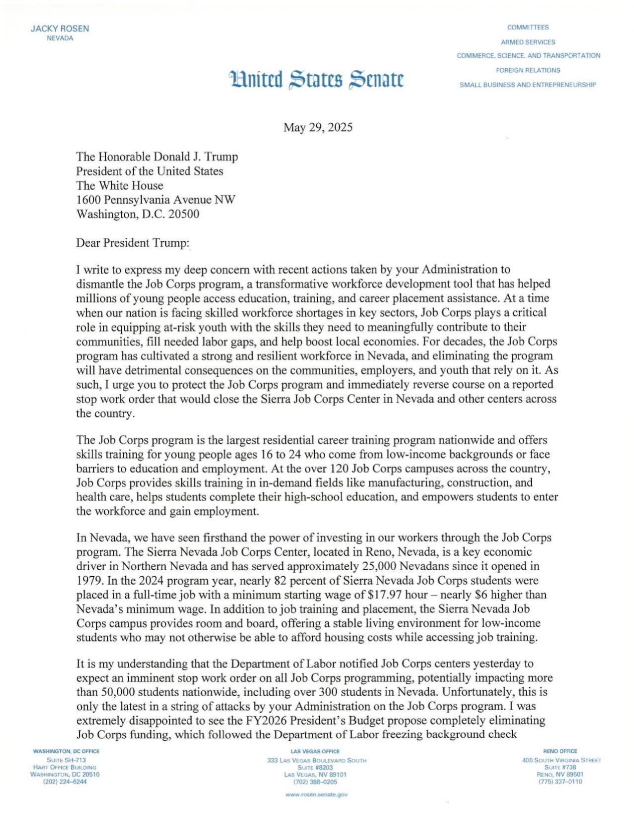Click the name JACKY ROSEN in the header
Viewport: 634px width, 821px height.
tap(60, 29)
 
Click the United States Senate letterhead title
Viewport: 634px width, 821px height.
tap(316, 79)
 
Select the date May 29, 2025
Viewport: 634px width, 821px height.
tap(318, 127)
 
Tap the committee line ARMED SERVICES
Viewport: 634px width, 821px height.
tap(528, 42)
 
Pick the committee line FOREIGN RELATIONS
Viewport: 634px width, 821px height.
tap(528, 70)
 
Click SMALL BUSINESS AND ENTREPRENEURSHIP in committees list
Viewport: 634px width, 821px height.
tap(528, 85)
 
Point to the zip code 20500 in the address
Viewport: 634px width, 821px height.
tap(183, 214)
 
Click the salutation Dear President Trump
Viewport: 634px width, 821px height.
tap(133, 243)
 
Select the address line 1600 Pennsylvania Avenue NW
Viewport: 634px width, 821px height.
tap(155, 200)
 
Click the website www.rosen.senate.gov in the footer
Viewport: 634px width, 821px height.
tap(316, 794)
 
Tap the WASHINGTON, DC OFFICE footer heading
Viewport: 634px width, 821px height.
tap(66, 751)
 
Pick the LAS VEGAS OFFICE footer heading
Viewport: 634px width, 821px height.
tap(315, 751)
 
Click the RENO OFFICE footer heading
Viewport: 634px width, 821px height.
tap(560, 751)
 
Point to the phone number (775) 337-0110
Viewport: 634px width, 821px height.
tap(560, 781)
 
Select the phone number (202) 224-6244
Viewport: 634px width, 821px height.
tap(65, 781)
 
